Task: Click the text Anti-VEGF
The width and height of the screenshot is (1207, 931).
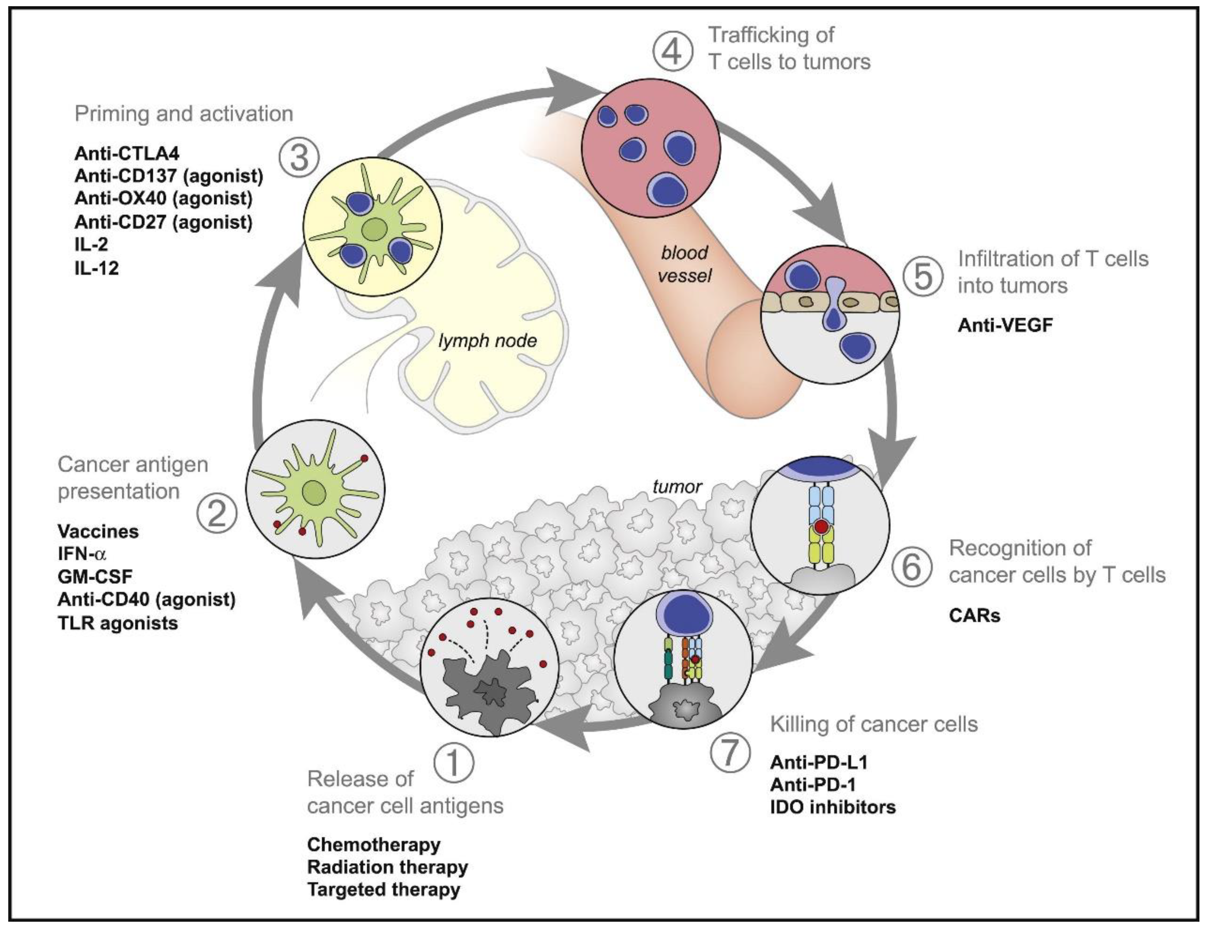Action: click(1005, 325)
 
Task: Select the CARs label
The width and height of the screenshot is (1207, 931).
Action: click(974, 615)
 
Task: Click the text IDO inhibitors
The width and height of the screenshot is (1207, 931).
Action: click(832, 807)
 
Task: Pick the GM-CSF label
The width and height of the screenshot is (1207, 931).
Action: click(95, 577)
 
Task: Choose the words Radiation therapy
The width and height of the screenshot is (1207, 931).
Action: click(387, 867)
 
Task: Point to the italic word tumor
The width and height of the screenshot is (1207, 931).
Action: click(677, 486)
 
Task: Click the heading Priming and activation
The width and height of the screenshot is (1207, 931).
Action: click(183, 114)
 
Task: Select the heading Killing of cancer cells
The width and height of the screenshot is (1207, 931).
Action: click(874, 724)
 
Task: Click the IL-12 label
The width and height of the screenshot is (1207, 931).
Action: click(97, 268)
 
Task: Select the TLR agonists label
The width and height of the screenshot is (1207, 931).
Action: click(118, 623)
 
